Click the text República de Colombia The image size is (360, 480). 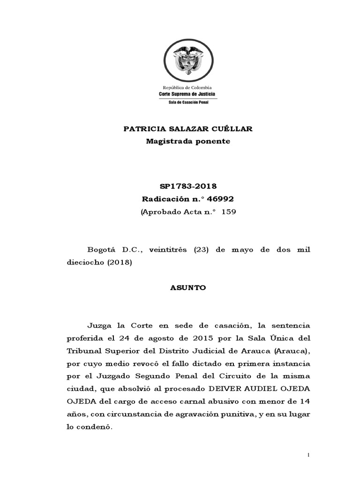click(187, 88)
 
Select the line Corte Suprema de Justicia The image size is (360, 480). click(187, 94)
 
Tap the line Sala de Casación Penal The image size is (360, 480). click(187, 102)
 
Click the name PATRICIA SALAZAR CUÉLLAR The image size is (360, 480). click(187, 129)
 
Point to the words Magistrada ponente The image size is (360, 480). click(187, 141)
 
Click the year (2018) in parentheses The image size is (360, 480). click(120, 262)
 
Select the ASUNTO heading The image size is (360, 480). click(187, 288)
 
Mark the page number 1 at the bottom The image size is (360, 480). click(308, 455)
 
